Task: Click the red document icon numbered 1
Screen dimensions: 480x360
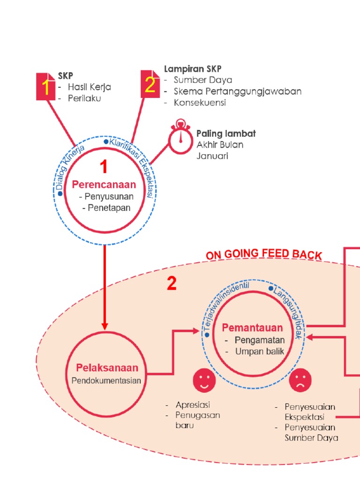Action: click(46, 86)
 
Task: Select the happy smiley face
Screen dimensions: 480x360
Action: click(203, 380)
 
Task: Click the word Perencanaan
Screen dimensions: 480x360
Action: click(104, 185)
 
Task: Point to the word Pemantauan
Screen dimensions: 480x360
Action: click(252, 327)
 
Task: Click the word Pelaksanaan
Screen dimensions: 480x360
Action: click(107, 368)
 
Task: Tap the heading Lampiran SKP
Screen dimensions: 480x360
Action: click(193, 69)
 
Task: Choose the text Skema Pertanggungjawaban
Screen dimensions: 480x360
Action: click(237, 91)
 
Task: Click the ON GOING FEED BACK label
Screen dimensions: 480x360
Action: click(264, 255)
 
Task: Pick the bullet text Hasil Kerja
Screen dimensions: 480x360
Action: click(89, 87)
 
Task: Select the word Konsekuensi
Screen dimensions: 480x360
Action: click(200, 103)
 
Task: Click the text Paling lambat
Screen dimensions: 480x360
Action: click(226, 134)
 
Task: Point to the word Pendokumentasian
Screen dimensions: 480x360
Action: click(106, 381)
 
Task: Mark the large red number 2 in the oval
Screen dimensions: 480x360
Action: click(172, 283)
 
